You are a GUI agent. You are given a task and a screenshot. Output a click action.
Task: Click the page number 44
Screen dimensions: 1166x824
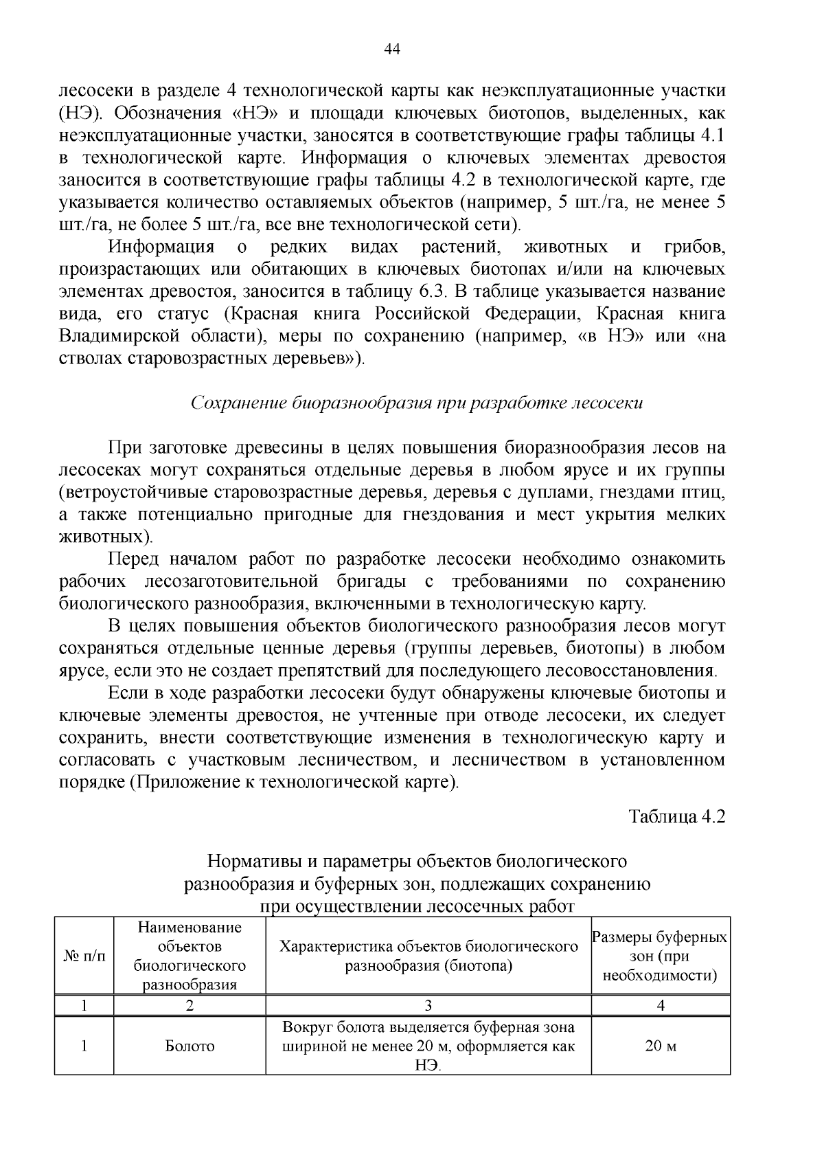392,49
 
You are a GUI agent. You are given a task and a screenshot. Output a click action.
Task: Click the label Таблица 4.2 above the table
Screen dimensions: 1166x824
677,816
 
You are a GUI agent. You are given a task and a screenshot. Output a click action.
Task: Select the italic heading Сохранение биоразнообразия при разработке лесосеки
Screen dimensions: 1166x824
416,403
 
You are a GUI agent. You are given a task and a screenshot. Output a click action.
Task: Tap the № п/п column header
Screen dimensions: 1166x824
84,956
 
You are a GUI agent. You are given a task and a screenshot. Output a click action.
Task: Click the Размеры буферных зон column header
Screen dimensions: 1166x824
660,956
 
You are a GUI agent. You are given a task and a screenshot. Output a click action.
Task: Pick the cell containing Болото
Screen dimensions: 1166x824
190,1046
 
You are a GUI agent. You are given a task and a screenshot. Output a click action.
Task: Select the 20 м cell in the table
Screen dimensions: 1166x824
660,1046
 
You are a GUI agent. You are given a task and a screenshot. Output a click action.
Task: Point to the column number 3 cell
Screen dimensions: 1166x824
428,1005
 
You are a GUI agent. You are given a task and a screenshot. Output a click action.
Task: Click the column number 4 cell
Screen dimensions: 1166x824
660,1005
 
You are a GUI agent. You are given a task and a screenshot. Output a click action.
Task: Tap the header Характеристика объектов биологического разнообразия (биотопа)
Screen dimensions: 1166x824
428,956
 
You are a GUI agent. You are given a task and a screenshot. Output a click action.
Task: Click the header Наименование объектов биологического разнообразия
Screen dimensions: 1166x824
190,956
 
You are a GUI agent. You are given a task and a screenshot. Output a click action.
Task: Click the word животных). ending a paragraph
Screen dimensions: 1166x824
104,537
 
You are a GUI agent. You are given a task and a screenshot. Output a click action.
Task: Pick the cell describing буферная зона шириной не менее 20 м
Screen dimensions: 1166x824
428,1046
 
